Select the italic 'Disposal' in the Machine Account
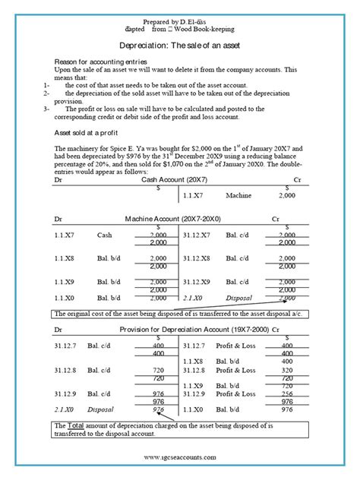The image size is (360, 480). click(x=241, y=298)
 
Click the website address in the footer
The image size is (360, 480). click(x=179, y=458)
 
